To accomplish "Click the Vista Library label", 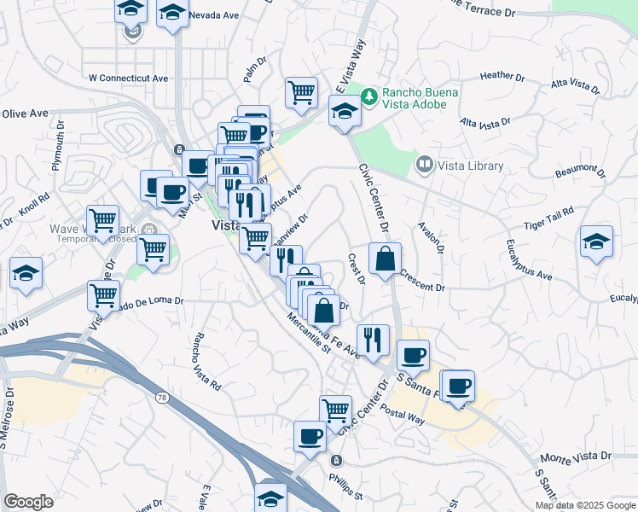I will (x=471, y=166).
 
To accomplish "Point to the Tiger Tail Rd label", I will (x=548, y=224).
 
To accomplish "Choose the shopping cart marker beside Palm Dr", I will (x=301, y=92).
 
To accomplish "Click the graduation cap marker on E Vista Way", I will (x=345, y=111).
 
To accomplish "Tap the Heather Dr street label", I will (x=501, y=75).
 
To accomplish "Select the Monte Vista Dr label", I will (x=577, y=457).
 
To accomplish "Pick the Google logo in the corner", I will (x=28, y=502).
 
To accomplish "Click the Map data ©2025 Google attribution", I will (x=584, y=505).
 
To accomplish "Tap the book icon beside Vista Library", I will (x=423, y=162).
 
